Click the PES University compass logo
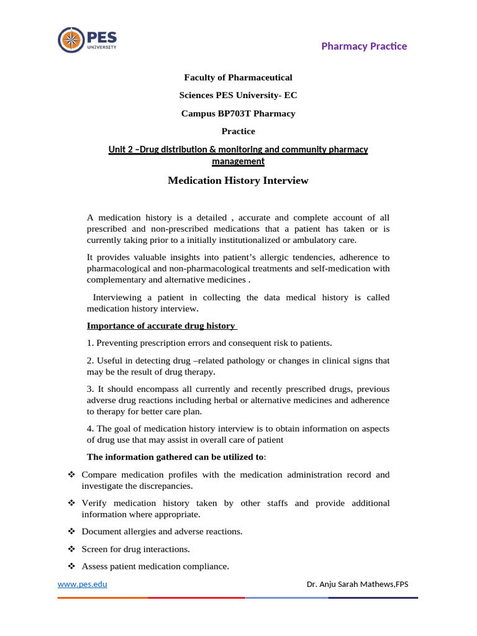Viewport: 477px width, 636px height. pos(70,40)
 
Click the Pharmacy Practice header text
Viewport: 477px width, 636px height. pos(364,47)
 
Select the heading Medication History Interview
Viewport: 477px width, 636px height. pos(238,181)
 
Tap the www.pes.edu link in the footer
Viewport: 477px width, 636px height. pos(78,584)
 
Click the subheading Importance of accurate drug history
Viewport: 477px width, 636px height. pos(161,326)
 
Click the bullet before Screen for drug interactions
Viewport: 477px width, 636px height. pos(70,549)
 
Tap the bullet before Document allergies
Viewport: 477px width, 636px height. pos(70,532)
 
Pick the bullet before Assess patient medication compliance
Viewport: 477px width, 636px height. pos(70,566)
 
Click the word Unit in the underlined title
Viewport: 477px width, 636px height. pos(118,149)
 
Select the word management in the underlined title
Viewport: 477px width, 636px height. pos(238,161)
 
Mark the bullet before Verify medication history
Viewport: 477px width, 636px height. pos(70,503)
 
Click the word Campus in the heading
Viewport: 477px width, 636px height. pos(196,114)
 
